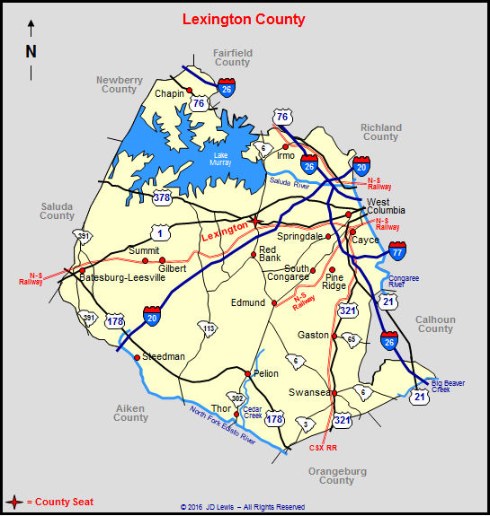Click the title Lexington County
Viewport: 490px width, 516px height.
pyautogui.click(x=244, y=19)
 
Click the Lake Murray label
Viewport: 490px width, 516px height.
pyautogui.click(x=220, y=158)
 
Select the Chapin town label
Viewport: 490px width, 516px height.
pyautogui.click(x=169, y=93)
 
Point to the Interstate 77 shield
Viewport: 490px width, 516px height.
pyautogui.click(x=397, y=250)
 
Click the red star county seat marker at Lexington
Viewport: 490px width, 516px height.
pyautogui.click(x=255, y=221)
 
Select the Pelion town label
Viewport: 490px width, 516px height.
pyautogui.click(x=266, y=372)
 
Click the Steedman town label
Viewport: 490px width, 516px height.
pyautogui.click(x=164, y=356)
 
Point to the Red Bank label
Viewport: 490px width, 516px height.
pyautogui.click(x=269, y=254)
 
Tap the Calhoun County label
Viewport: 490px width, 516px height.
pyautogui.click(x=435, y=324)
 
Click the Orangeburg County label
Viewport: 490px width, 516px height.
pyautogui.click(x=336, y=476)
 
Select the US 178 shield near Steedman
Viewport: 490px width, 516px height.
pyautogui.click(x=115, y=320)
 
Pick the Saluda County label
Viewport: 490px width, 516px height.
pyautogui.click(x=57, y=211)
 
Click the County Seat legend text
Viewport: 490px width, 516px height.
pyautogui.click(x=60, y=503)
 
